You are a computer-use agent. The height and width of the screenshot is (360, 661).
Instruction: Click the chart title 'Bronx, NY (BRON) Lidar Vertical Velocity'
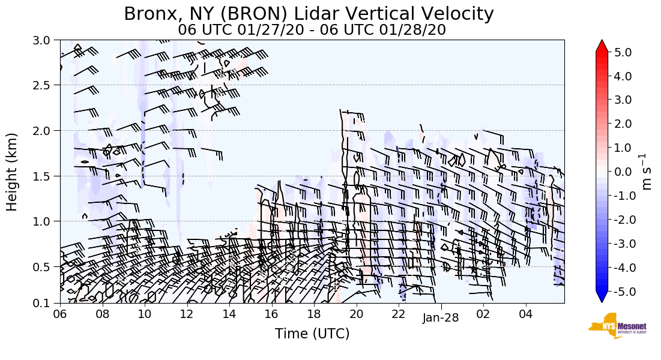pos(309,14)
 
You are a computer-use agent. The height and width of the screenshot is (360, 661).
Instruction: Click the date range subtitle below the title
pos(312,30)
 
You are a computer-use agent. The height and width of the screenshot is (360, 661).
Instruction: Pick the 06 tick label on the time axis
pos(60,313)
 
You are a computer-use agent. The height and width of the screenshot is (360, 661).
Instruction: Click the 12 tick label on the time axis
pos(187,313)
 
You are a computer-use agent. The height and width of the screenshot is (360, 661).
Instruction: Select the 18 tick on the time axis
pos(314,313)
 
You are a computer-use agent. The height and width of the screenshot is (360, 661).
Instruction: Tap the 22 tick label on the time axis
pos(399,313)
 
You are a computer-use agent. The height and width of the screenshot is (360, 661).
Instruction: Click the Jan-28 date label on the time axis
pos(441,318)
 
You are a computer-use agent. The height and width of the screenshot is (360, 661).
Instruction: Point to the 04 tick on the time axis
pos(526,313)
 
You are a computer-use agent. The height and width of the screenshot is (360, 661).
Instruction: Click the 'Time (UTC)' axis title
pos(312,334)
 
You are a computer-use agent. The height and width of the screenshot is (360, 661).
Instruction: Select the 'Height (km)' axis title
pos(12,172)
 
